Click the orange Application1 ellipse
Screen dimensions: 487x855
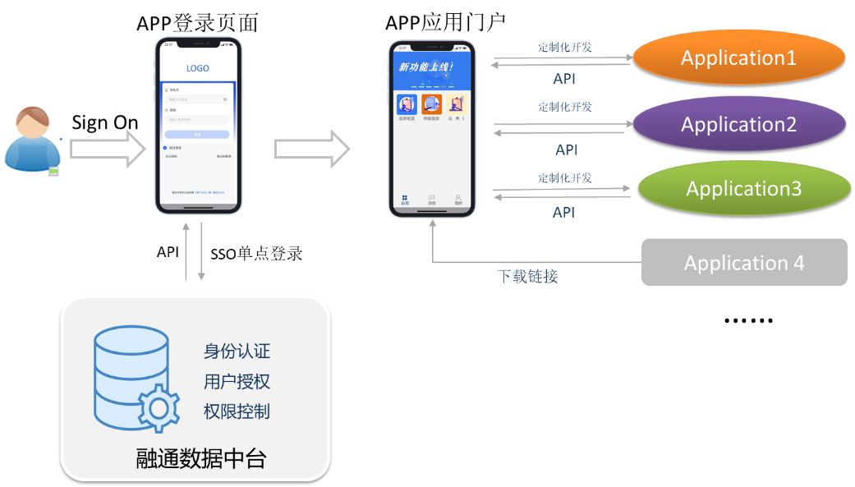click(738, 58)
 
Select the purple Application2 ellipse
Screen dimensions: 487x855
click(738, 125)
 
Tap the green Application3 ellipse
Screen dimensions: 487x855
click(743, 189)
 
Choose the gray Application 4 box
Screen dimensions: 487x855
click(744, 263)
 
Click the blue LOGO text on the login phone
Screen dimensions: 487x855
click(198, 69)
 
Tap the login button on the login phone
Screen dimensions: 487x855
click(197, 134)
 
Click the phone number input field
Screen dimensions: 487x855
click(197, 99)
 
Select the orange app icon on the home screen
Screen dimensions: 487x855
click(431, 104)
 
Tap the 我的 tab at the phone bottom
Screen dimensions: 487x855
click(458, 200)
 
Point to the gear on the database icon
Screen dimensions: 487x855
click(159, 408)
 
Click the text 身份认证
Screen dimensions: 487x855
click(237, 351)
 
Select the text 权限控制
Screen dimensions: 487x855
click(237, 411)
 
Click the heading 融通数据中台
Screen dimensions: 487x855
click(201, 458)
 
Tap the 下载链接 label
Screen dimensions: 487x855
click(527, 277)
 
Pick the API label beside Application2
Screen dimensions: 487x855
click(567, 150)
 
